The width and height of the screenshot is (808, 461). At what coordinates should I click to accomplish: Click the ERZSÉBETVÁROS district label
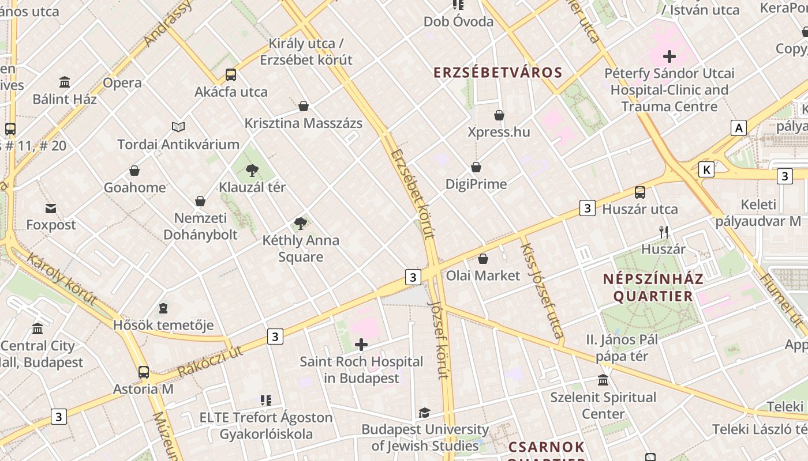tap(497, 73)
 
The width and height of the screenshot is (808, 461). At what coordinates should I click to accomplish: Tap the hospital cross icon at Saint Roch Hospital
tap(361, 345)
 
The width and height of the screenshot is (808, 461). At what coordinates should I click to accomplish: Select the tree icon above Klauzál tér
tap(252, 170)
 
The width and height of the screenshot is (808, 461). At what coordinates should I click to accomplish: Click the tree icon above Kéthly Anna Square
tap(300, 224)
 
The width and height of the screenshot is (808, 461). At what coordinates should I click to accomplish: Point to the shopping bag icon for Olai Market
tap(483, 259)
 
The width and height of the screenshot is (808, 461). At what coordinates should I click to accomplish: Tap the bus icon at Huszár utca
tap(640, 192)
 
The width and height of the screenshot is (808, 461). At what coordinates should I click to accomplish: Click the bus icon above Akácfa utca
tap(231, 74)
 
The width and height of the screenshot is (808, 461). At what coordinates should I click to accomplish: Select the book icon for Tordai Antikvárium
tap(178, 127)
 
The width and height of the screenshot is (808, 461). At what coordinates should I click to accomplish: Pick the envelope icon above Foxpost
tap(51, 208)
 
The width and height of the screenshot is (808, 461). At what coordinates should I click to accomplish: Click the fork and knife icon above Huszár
tap(664, 232)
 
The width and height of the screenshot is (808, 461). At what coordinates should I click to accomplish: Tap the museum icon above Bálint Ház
tap(65, 82)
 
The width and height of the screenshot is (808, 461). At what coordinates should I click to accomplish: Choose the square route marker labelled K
tap(706, 169)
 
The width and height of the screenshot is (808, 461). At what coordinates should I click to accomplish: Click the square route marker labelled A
tap(738, 128)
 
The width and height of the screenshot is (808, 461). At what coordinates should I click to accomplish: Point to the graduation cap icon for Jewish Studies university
tap(424, 413)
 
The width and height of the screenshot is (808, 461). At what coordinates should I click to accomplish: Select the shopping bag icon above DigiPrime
tap(476, 167)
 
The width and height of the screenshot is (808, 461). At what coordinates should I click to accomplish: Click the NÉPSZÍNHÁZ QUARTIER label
tap(653, 288)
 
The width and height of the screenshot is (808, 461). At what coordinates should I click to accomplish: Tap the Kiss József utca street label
tap(542, 290)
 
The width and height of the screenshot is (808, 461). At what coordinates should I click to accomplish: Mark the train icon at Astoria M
tap(144, 372)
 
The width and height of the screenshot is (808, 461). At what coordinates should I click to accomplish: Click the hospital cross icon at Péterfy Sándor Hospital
tap(669, 56)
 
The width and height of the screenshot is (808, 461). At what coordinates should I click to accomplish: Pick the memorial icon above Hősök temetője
tap(163, 308)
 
